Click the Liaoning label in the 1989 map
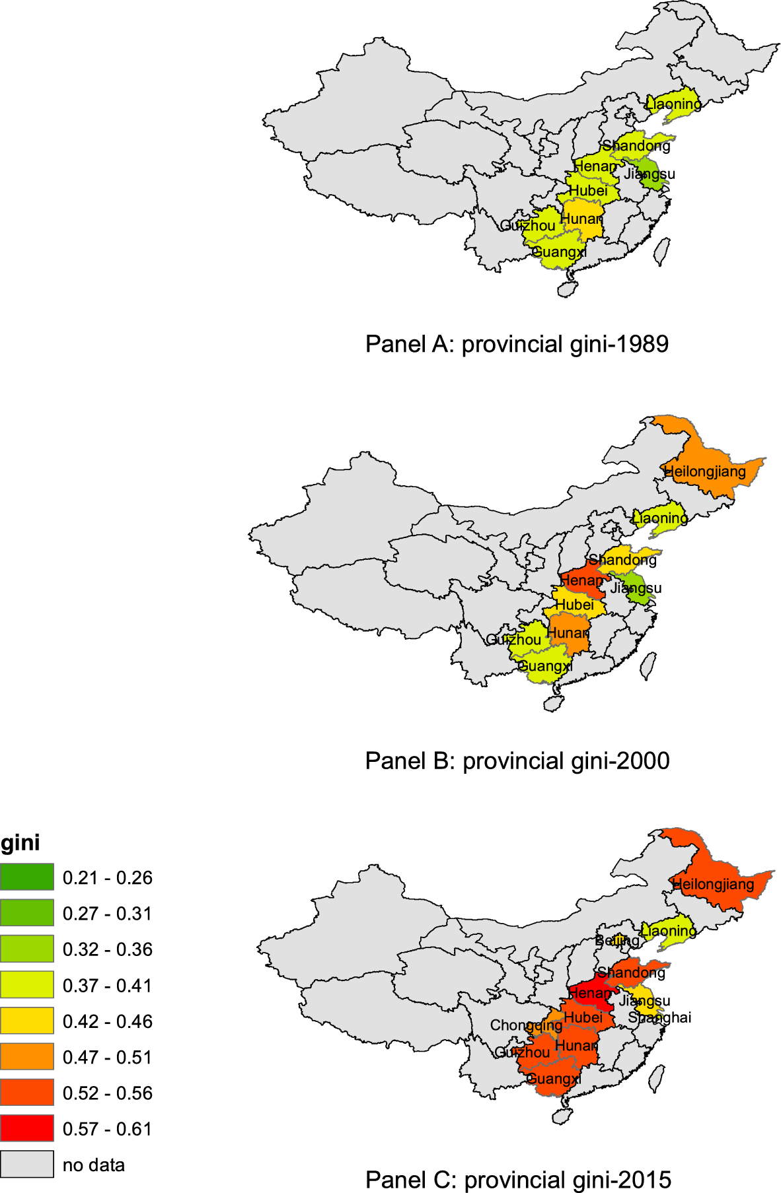click(673, 104)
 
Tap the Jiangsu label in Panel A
click(650, 174)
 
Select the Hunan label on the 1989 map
click(581, 219)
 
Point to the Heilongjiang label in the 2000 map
click(704, 471)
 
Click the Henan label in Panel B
click(582, 580)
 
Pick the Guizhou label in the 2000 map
click(513, 639)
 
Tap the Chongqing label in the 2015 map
click(526, 1025)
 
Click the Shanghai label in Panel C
click(659, 1017)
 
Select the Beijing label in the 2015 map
click(617, 940)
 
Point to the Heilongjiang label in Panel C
click(713, 884)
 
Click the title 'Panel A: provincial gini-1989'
click(517, 344)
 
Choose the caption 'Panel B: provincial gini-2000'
click(517, 761)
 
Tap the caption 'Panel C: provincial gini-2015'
click(518, 1179)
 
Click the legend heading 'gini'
click(20, 843)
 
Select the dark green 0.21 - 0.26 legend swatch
click(27, 877)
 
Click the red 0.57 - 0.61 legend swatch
click(27, 1128)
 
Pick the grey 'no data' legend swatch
click(27, 1165)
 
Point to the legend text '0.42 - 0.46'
click(108, 1021)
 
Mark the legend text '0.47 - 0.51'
click(108, 1057)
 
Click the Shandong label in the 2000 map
click(622, 560)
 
